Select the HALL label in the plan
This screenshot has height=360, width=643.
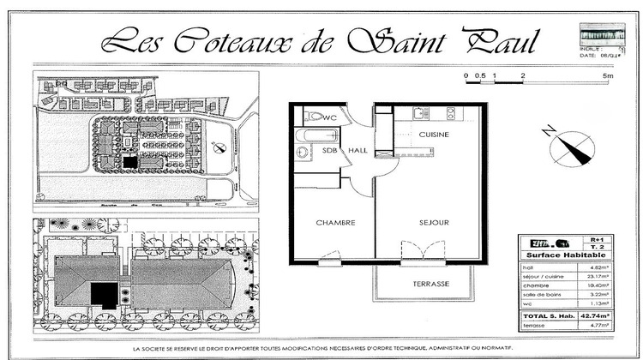(358, 151)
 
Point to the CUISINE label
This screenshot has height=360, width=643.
(435, 135)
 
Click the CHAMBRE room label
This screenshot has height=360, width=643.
(335, 223)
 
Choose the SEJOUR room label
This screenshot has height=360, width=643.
(434, 223)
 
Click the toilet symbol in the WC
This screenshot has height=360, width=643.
(313, 116)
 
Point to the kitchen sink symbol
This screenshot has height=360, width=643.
(420, 113)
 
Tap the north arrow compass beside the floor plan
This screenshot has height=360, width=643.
(567, 145)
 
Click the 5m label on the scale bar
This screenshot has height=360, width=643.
(607, 76)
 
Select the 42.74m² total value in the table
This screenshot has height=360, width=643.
(599, 316)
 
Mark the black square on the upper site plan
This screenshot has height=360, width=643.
(129, 161)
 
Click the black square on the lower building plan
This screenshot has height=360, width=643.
(105, 294)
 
